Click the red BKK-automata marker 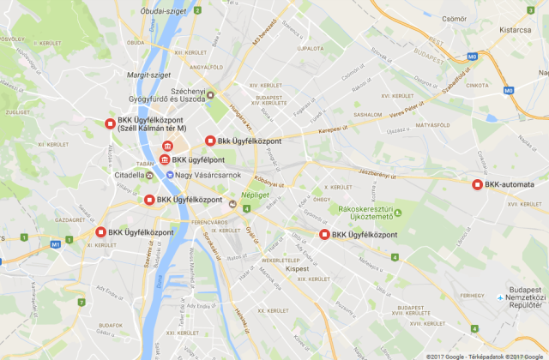point(477,183)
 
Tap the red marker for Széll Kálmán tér point(109,123)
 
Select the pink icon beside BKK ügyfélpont point(164,159)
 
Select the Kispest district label point(297,269)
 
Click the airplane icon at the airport point(501,298)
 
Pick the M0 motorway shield point(508,90)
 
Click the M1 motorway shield point(56,243)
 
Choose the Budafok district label point(111,325)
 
